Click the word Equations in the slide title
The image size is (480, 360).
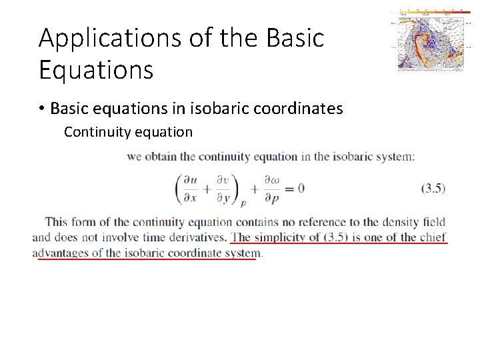click(x=96, y=69)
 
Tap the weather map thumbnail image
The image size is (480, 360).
click(x=430, y=40)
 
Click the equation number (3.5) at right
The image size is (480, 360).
click(x=433, y=189)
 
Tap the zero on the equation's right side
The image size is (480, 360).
click(x=301, y=188)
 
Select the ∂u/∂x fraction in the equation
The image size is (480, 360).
click(x=189, y=189)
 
